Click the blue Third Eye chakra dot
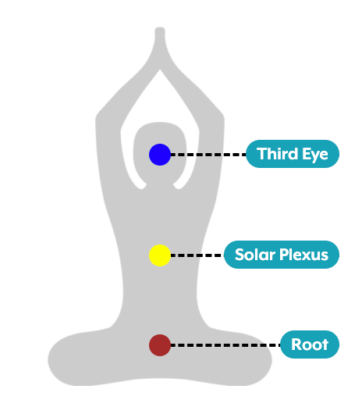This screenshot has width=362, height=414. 160,155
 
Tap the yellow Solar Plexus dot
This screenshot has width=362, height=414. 160,255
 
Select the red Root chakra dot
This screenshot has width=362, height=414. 160,345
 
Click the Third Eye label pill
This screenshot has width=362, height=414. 293,154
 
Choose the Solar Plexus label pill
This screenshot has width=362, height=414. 282,255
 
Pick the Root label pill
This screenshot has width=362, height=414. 310,344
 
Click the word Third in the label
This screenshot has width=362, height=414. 278,154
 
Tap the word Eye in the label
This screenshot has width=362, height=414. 315,155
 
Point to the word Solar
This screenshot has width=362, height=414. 255,255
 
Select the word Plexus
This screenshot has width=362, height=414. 304,255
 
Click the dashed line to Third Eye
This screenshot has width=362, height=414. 208,155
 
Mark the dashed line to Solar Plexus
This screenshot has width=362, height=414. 197,255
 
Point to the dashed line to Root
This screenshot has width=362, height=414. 225,345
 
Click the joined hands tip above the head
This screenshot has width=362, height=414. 160,30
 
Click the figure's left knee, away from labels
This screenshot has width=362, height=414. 63,360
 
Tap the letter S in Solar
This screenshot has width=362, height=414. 240,255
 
